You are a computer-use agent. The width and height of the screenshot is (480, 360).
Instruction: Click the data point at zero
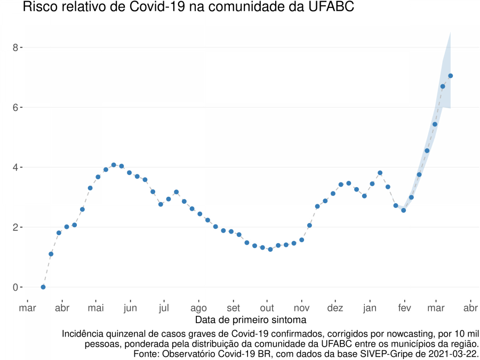point(43,287)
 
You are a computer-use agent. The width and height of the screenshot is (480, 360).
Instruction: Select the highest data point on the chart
point(451,76)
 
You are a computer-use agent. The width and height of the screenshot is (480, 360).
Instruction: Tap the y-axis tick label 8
point(16,47)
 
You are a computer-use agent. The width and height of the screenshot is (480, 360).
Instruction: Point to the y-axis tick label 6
point(16,107)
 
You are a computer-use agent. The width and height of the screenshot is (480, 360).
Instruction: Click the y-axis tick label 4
point(16,167)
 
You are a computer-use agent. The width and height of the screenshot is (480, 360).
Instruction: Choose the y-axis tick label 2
point(16,227)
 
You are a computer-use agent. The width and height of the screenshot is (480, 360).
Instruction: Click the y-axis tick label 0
point(16,287)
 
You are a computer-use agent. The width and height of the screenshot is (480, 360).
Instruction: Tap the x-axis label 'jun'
point(130,308)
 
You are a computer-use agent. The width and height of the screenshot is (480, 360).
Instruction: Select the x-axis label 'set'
point(233,308)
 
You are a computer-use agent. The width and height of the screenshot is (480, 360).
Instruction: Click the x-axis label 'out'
point(267,308)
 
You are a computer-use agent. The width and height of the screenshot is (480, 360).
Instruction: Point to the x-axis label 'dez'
point(335,308)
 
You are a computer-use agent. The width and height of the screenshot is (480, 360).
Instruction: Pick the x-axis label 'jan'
point(370,308)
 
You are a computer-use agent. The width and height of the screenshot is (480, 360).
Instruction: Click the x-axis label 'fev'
point(404,308)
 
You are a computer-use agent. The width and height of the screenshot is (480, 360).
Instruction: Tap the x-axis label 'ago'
point(198,308)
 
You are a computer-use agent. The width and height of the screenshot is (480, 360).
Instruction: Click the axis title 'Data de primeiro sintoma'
point(251,320)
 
